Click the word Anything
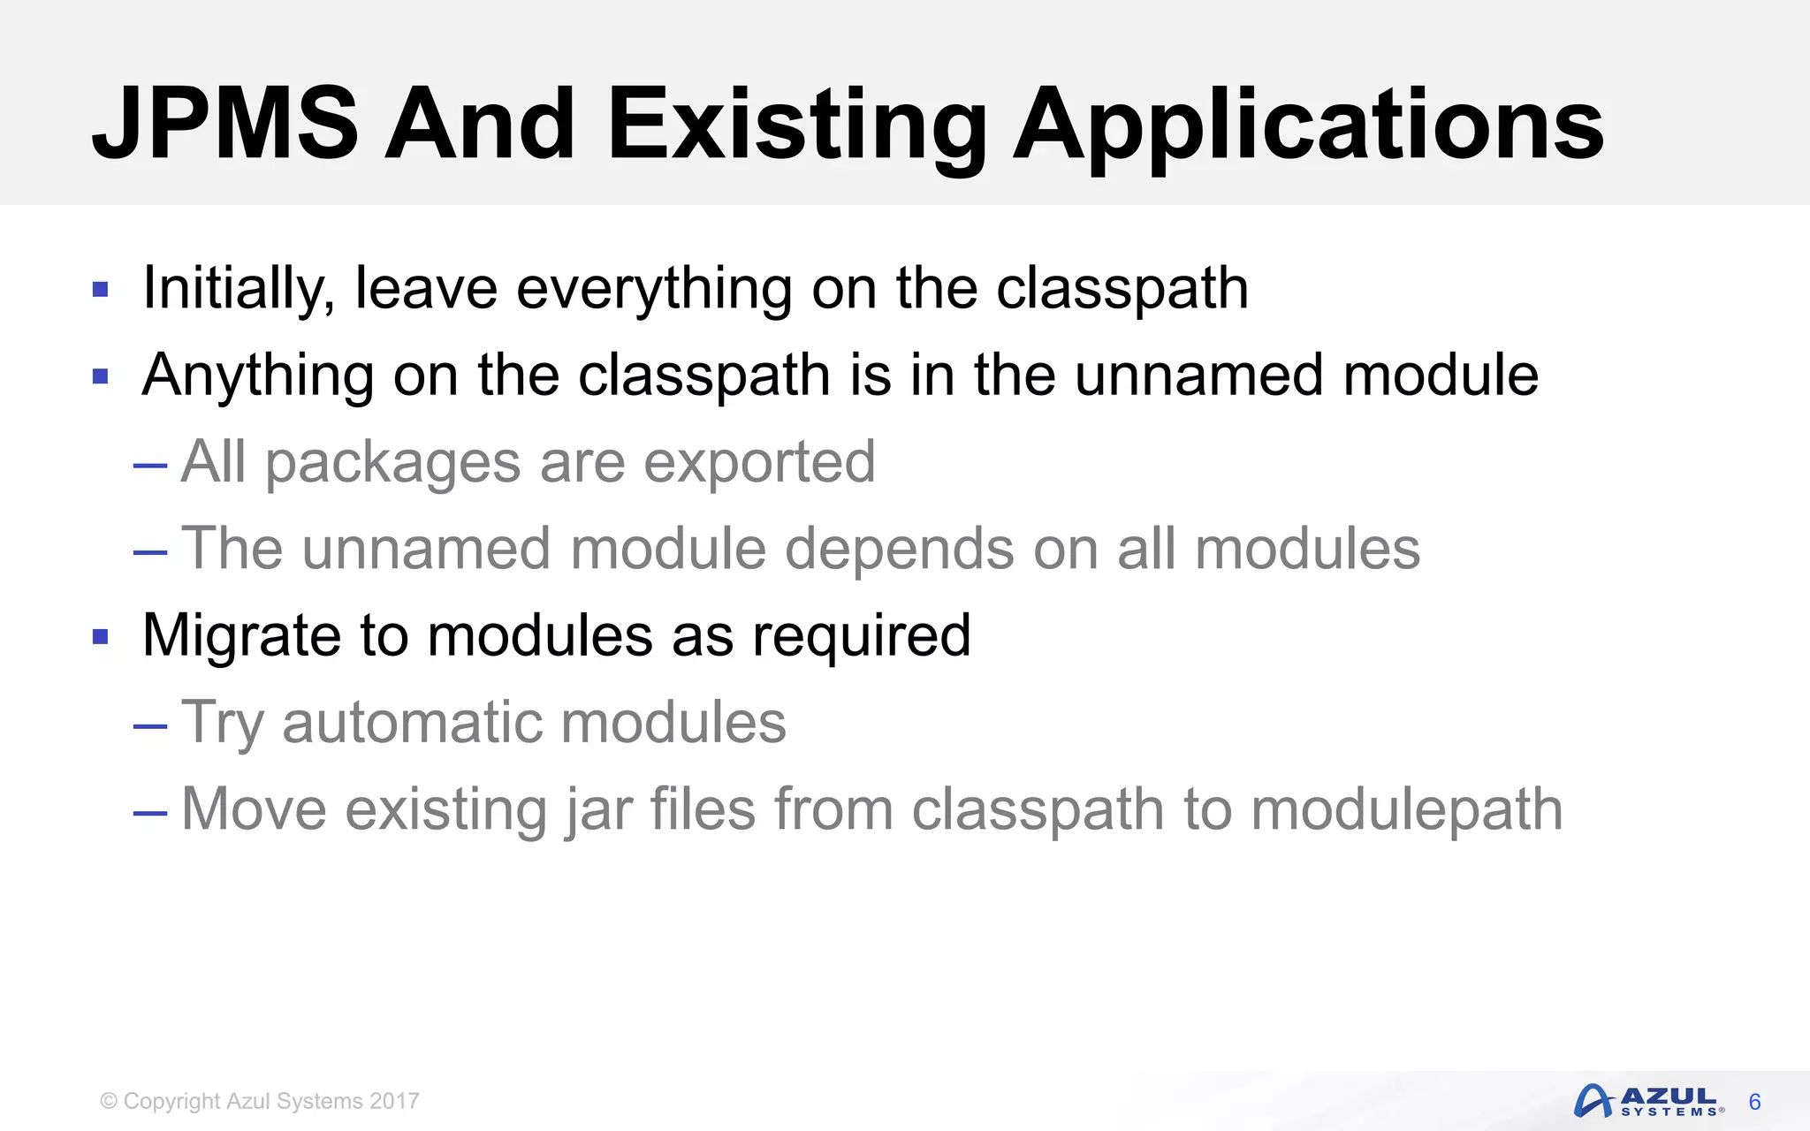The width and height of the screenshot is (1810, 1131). pos(257,376)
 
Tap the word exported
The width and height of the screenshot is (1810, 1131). pos(759,463)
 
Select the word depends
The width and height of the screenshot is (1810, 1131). pos(899,550)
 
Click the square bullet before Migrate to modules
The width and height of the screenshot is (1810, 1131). pos(100,636)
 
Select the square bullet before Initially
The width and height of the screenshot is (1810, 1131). pos(100,289)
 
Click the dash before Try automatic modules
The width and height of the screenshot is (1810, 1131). pos(150,726)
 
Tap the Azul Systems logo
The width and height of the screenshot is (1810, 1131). pos(1648,1102)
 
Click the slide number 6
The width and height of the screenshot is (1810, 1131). pos(1754,1102)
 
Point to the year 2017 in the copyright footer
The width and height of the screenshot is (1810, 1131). pos(394,1101)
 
